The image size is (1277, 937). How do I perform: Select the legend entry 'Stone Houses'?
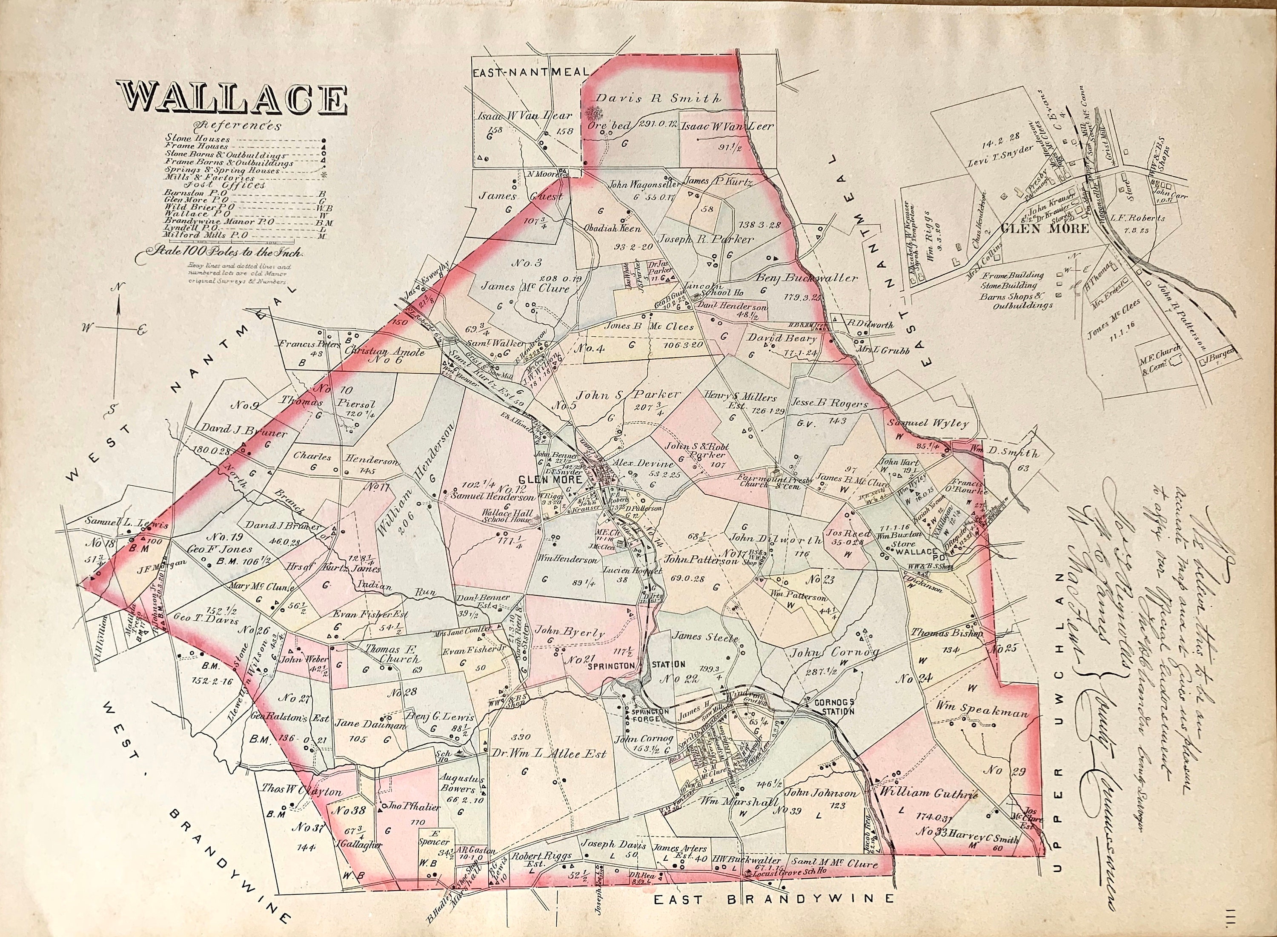pos(198,138)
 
